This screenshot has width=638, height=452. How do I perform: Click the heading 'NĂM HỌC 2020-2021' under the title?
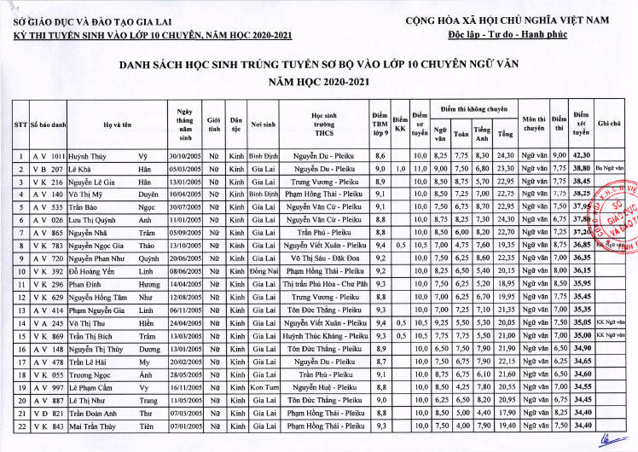click(x=320, y=81)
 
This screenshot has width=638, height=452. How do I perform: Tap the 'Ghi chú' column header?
click(x=609, y=125)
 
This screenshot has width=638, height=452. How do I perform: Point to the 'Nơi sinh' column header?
click(x=262, y=125)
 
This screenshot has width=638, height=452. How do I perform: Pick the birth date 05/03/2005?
click(x=183, y=169)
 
